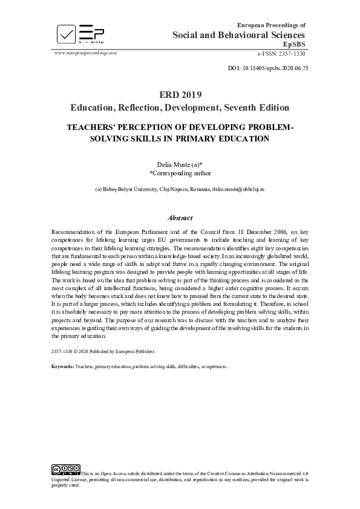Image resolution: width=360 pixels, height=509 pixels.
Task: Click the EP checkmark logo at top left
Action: pos(66,34)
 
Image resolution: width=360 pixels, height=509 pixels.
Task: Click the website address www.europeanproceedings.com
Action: pos(85,53)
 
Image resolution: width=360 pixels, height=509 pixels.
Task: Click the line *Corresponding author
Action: pos(180,172)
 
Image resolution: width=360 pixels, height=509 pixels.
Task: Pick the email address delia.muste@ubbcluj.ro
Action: pos(238,189)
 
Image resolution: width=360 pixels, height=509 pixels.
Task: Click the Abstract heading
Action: pos(180,218)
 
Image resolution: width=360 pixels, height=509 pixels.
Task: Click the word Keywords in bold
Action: pos(62,367)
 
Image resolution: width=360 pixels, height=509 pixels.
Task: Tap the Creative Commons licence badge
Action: pos(66,468)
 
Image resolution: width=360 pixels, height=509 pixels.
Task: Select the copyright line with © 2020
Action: pos(103,351)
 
